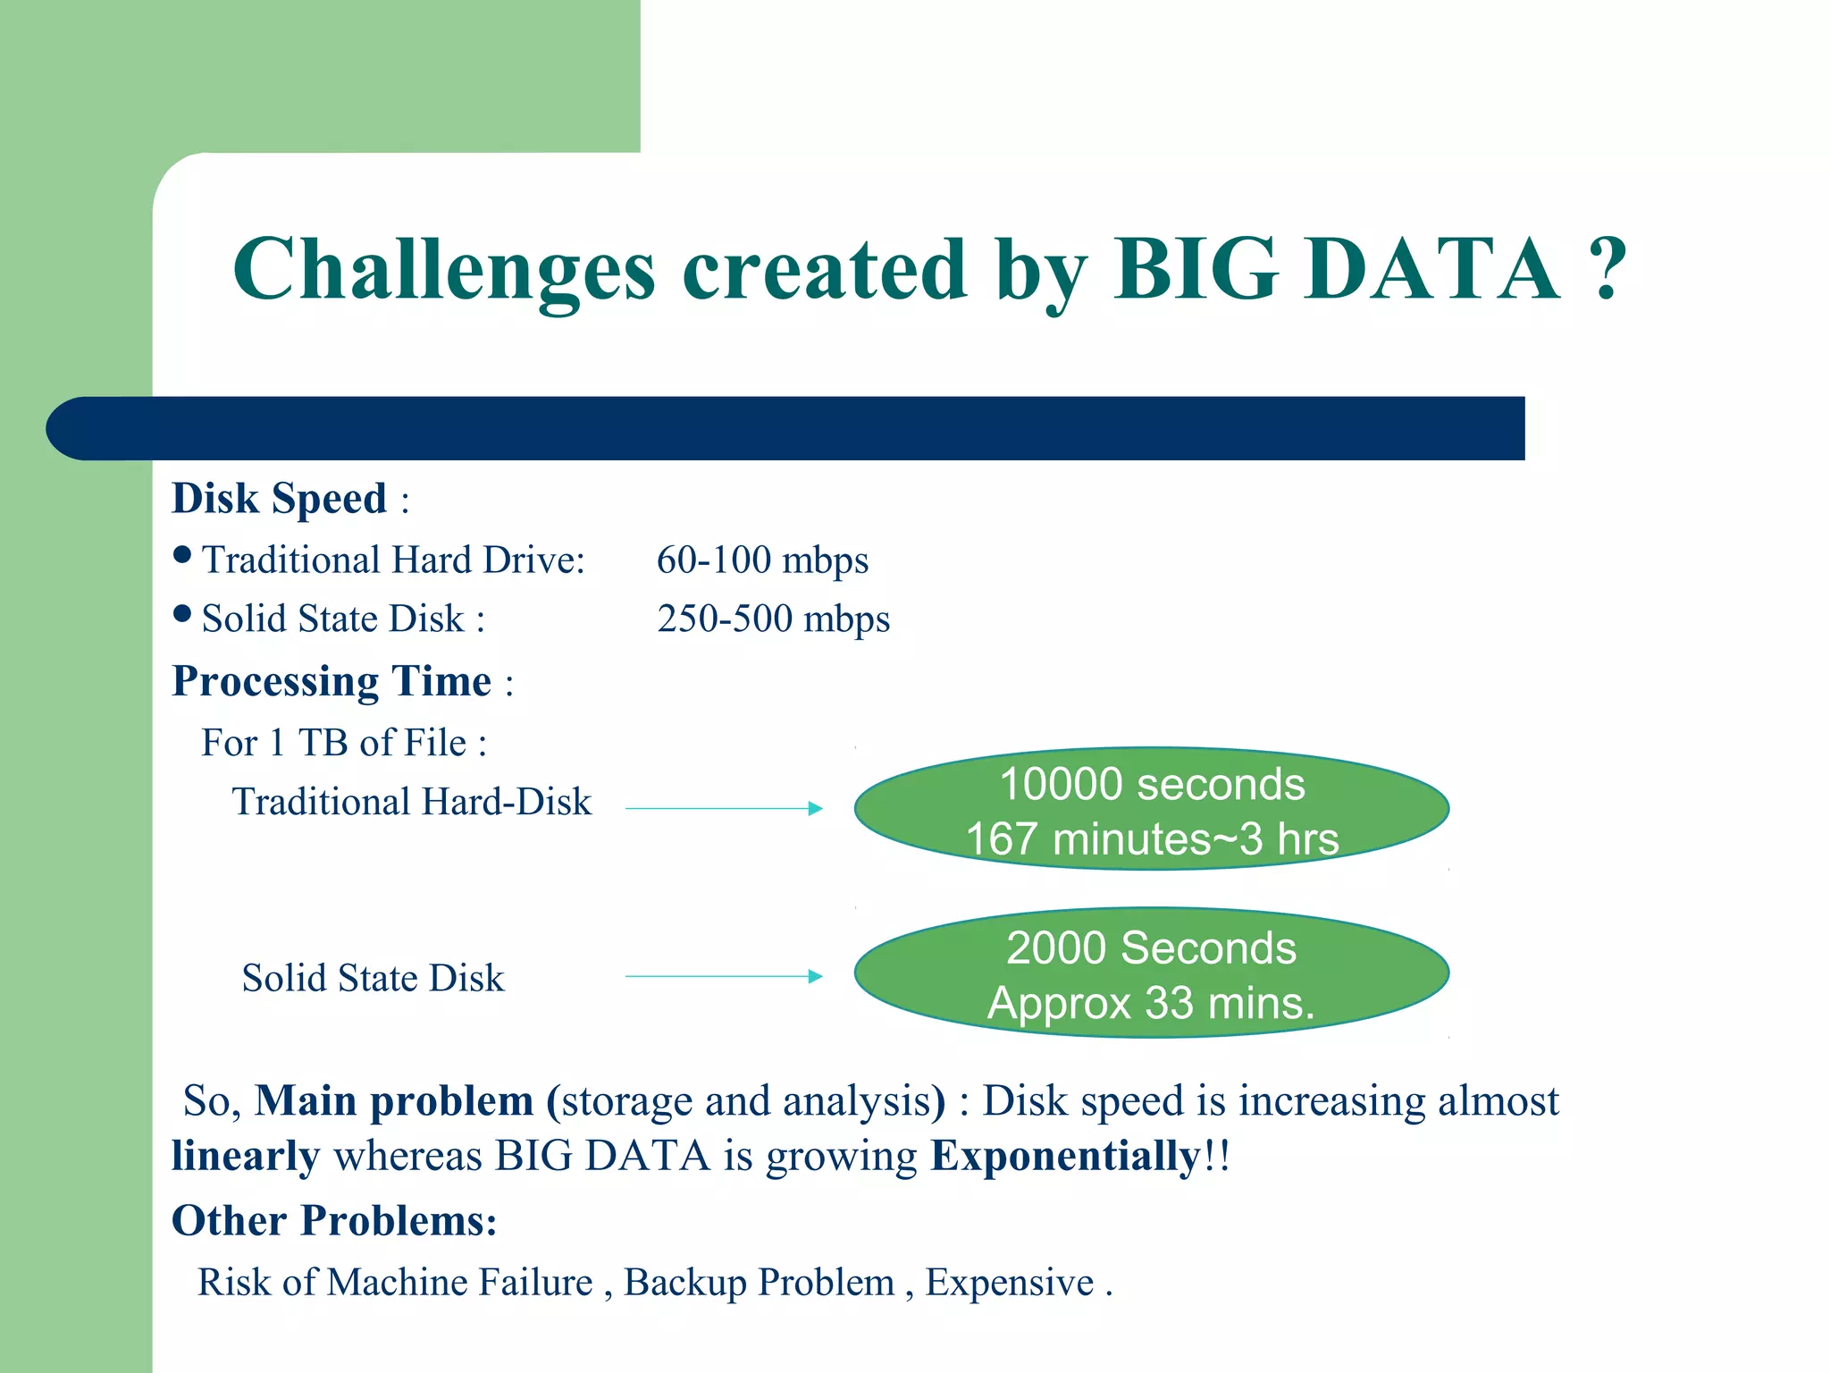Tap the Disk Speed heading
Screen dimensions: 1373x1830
(x=279, y=499)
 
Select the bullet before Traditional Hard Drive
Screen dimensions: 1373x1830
(x=182, y=555)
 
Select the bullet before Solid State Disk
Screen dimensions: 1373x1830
(x=182, y=613)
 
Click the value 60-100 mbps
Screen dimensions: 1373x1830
(x=762, y=560)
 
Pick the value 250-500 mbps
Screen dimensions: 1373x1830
(x=773, y=619)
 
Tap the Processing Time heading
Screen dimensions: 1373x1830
(x=332, y=682)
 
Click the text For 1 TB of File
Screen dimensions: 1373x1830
(x=344, y=743)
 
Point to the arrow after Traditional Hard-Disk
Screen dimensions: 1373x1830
(x=724, y=808)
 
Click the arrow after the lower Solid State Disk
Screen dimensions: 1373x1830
(x=724, y=976)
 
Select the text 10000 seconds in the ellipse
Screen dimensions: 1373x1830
(x=1152, y=784)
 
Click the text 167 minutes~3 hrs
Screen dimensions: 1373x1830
(x=1152, y=839)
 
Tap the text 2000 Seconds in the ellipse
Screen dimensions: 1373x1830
(x=1151, y=948)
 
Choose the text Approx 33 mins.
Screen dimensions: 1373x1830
(x=1151, y=1003)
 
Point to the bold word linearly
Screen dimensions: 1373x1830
(x=245, y=1156)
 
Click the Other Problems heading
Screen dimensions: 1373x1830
(x=334, y=1221)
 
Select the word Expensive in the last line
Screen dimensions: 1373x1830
(x=1009, y=1283)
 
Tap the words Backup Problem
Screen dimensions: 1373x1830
(x=759, y=1283)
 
